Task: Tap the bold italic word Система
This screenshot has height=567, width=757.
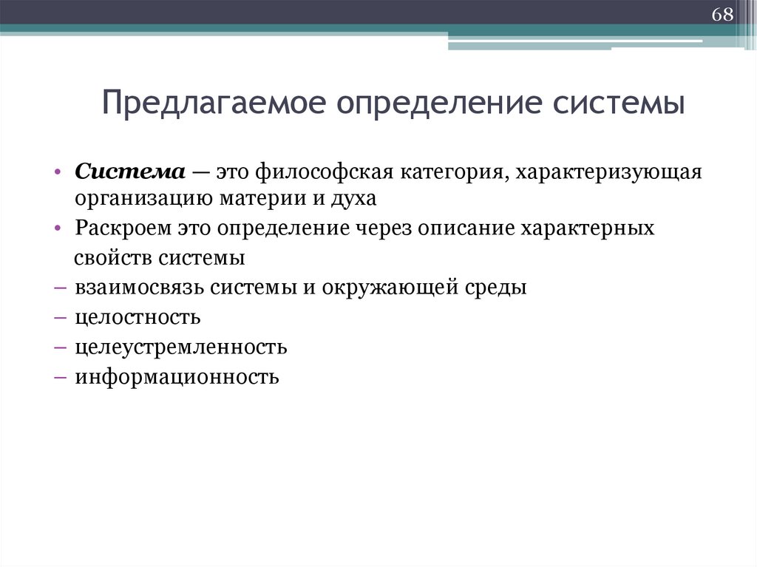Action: click(129, 172)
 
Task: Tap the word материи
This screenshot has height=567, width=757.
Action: click(245, 198)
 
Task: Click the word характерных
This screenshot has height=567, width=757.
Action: click(588, 228)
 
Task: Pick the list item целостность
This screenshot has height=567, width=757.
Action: click(138, 318)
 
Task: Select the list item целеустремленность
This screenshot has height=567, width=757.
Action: click(180, 347)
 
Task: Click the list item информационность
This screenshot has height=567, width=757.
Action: click(177, 378)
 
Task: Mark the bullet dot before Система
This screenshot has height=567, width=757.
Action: click(58, 172)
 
